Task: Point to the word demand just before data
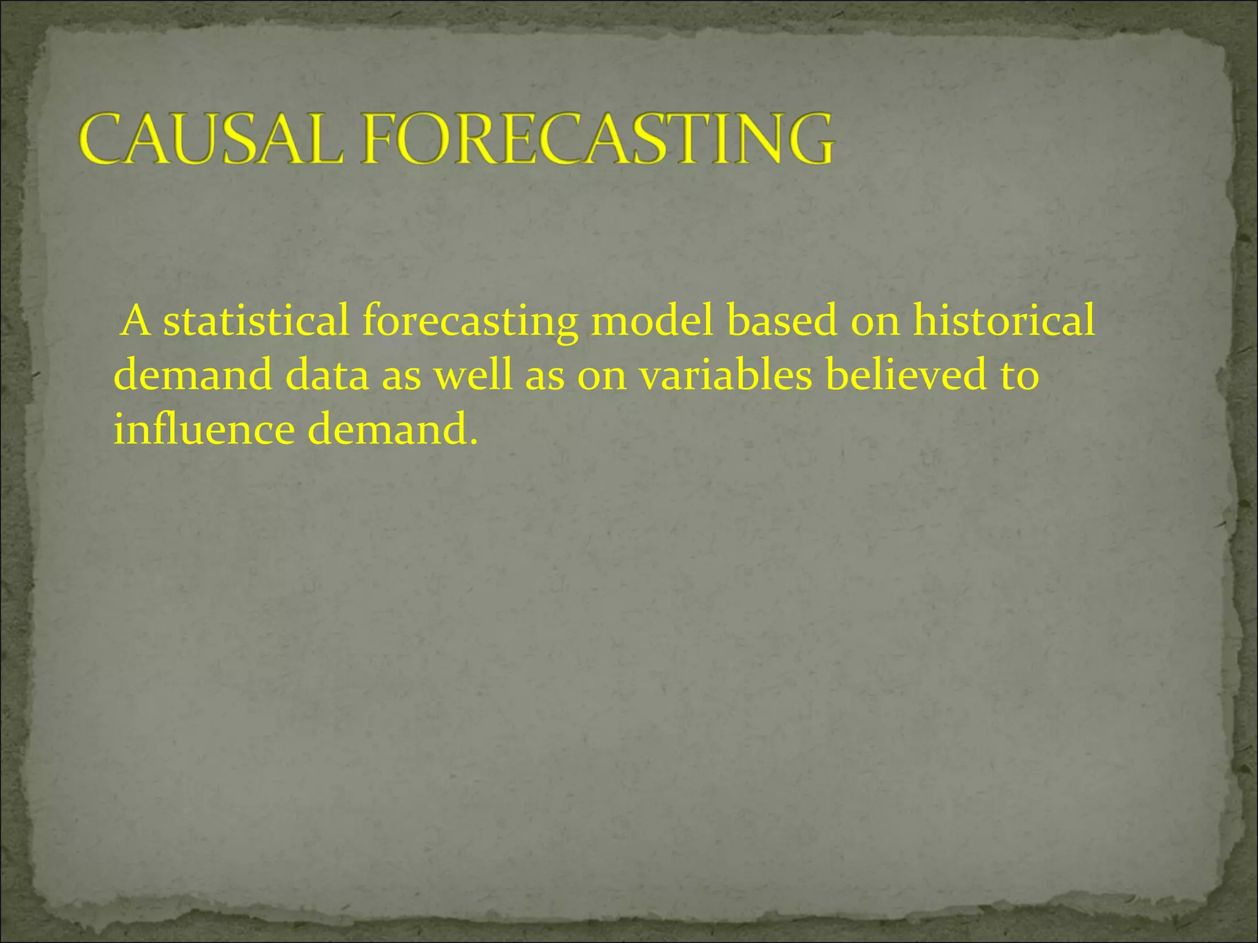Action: [193, 375]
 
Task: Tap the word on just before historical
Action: [875, 322]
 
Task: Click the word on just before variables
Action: [601, 376]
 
